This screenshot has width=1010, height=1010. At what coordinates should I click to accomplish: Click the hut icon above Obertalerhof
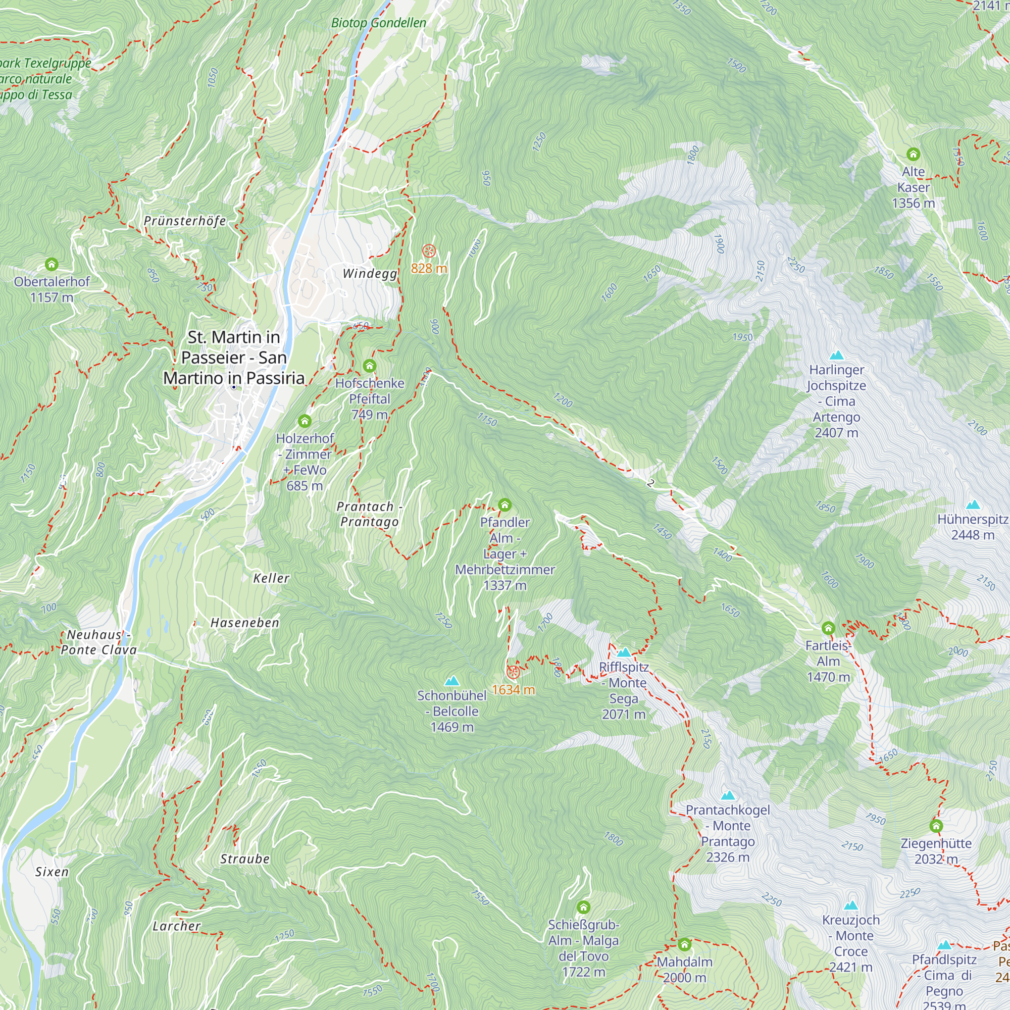pos(51,264)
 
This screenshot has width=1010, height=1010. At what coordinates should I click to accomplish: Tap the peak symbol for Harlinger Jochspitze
pos(836,356)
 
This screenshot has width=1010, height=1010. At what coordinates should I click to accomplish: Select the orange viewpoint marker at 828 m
pos(429,251)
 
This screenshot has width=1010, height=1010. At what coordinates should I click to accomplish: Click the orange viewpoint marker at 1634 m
pos(513,672)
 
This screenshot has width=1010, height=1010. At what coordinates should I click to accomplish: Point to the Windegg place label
pos(370,273)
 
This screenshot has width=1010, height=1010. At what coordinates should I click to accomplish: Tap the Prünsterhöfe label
pos(184,221)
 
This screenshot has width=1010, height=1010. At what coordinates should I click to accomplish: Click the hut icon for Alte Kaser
pos(913,154)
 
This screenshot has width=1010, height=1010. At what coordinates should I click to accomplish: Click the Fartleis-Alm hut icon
pos(828,628)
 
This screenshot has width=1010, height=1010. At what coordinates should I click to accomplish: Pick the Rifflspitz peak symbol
pos(624,652)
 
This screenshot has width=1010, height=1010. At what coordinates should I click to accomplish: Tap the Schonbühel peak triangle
pos(451,681)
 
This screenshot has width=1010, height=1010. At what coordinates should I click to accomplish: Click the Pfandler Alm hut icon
pos(504,505)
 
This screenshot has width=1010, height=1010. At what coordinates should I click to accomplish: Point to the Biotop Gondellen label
pos(378,23)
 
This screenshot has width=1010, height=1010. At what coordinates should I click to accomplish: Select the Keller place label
pos(271,578)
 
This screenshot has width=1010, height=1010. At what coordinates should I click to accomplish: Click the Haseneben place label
pos(244,623)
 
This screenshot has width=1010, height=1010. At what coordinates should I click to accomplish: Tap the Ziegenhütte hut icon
pos(936,826)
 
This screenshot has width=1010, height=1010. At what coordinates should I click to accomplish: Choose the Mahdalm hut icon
pos(684,945)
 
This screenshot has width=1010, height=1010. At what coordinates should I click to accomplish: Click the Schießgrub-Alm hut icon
pos(583,907)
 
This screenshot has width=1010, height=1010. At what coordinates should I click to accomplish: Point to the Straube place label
pos(244,859)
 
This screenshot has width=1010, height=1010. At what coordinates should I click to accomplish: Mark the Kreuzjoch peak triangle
pos(850,905)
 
